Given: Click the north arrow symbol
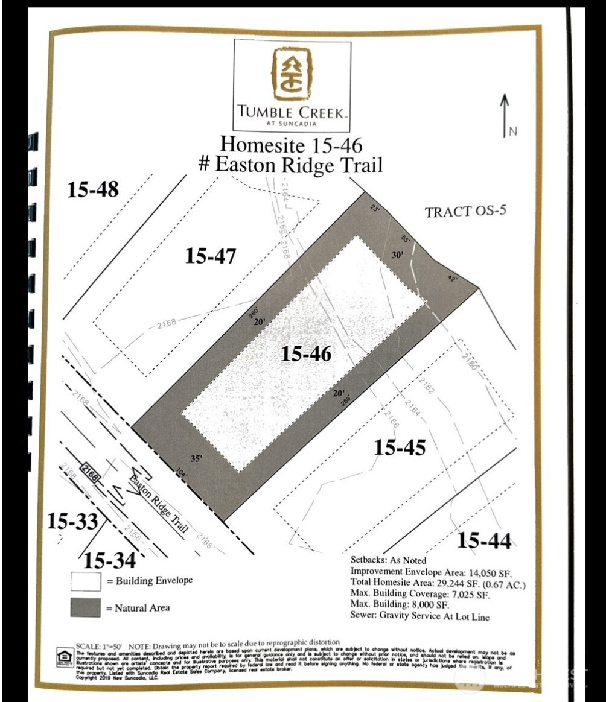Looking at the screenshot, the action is pyautogui.click(x=505, y=115).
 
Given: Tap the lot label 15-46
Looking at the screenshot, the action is pyautogui.click(x=306, y=354).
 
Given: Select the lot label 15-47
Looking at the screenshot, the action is pyautogui.click(x=210, y=256).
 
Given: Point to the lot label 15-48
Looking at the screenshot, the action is pyautogui.click(x=92, y=189).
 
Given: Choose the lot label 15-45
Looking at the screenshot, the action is pyautogui.click(x=400, y=447).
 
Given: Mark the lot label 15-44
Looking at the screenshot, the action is pyautogui.click(x=484, y=541).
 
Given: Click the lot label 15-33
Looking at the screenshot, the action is pyautogui.click(x=72, y=522).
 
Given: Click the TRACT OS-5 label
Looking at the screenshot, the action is pyautogui.click(x=465, y=212).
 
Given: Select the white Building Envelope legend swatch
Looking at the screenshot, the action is pyautogui.click(x=85, y=581).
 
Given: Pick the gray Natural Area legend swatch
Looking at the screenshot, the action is pyautogui.click(x=85, y=607).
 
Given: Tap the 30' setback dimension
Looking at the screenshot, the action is pyautogui.click(x=397, y=255).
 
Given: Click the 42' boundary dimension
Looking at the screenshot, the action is pyautogui.click(x=453, y=279).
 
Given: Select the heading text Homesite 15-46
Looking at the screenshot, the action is pyautogui.click(x=291, y=145).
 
